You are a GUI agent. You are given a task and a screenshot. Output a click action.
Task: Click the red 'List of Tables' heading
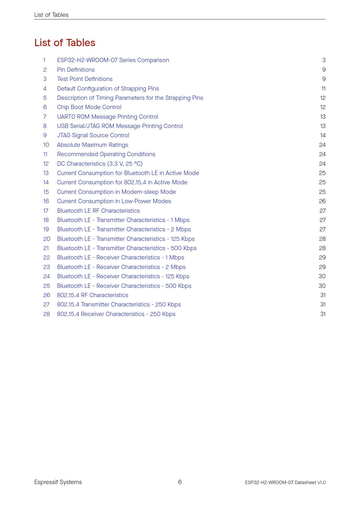click(x=65, y=43)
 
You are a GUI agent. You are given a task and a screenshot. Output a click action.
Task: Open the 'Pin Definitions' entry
click(x=76, y=70)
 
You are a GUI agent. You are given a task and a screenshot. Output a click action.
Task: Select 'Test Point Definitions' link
click(x=84, y=79)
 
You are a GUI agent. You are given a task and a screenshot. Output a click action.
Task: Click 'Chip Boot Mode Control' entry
click(x=89, y=107)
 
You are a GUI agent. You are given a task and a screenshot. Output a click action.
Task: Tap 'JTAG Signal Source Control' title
click(x=93, y=135)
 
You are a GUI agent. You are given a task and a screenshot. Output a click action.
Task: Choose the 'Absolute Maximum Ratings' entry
click(x=92, y=145)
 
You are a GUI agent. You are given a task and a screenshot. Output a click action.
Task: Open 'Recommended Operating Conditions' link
click(x=106, y=154)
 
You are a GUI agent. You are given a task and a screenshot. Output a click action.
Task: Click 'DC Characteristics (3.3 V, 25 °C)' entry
click(x=100, y=164)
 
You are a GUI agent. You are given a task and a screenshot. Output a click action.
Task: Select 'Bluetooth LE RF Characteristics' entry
click(x=98, y=211)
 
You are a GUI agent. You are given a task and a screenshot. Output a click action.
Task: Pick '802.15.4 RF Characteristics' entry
click(x=92, y=295)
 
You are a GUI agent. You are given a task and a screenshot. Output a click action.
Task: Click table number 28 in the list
click(x=46, y=314)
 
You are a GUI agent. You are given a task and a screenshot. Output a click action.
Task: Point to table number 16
click(x=46, y=201)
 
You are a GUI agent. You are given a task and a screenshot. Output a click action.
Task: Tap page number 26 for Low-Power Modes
click(x=322, y=201)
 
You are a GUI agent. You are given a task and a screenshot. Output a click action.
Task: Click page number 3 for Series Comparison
click(x=324, y=60)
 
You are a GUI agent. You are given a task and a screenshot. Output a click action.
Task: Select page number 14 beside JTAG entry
click(x=323, y=135)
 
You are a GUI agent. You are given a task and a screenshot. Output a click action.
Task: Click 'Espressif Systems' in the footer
click(x=58, y=482)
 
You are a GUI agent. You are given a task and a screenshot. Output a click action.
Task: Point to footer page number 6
click(x=180, y=482)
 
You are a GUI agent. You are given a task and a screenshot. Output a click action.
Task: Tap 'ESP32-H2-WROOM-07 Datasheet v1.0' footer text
click(x=285, y=482)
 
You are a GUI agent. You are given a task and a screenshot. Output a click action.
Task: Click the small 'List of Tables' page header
click(x=51, y=15)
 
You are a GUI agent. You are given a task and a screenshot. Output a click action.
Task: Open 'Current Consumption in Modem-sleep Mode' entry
click(x=116, y=192)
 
